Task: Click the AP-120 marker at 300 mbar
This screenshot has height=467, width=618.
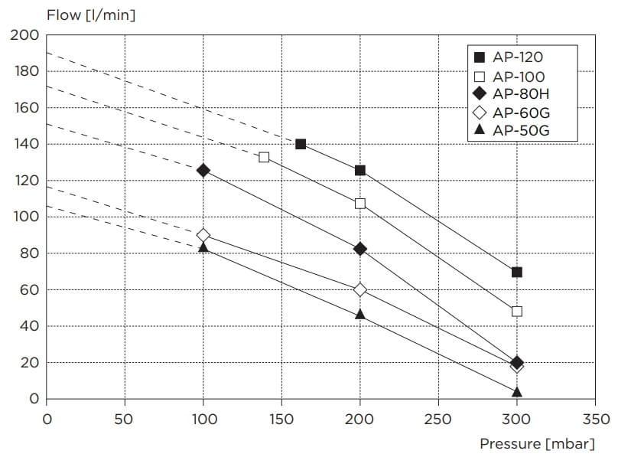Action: (517, 272)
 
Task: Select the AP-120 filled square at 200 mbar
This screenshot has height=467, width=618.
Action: (360, 170)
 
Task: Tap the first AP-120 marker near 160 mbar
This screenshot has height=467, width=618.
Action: (301, 144)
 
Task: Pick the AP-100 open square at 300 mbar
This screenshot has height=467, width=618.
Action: (517, 312)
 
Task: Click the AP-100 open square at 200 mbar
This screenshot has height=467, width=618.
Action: (360, 204)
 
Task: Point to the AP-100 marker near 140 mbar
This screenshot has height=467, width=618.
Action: (264, 157)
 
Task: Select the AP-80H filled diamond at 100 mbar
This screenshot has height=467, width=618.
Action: (203, 170)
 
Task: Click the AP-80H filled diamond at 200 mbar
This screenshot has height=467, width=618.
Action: (360, 249)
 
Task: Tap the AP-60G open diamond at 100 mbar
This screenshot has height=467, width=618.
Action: (203, 235)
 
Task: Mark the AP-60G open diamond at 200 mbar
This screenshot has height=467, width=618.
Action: (360, 289)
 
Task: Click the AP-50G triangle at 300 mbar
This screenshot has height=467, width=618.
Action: (517, 392)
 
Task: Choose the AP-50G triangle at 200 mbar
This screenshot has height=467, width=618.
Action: (360, 314)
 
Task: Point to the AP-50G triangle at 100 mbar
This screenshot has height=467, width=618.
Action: (203, 247)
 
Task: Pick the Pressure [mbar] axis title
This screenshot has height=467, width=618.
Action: (537, 443)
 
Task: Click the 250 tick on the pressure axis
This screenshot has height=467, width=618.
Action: (438, 419)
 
